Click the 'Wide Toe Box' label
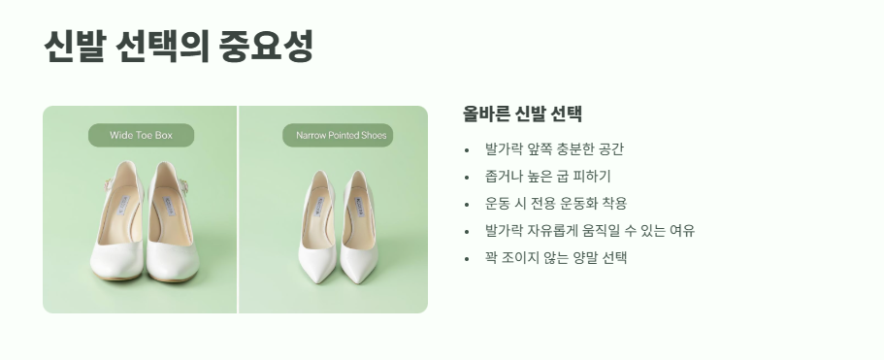[141, 135]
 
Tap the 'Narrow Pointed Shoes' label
[341, 135]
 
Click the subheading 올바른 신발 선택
[522, 113]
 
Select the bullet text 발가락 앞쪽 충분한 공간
[554, 149]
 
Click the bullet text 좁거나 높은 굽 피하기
[547, 177]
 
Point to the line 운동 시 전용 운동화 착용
[556, 204]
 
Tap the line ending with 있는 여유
[590, 231]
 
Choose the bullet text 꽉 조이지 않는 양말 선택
[556, 258]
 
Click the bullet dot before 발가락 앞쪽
[467, 150]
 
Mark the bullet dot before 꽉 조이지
[467, 259]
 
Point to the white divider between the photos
[238, 209]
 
